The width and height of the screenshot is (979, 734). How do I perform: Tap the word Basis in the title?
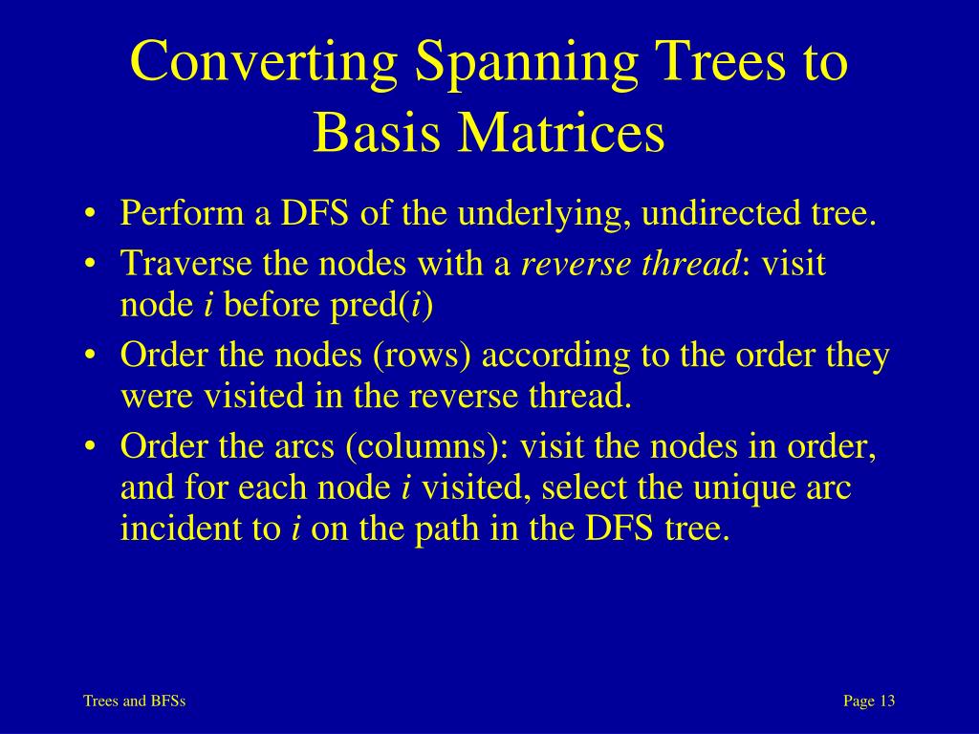tap(377, 133)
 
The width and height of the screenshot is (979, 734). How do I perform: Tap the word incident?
tap(170, 529)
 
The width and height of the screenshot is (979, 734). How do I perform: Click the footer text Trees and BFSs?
tap(134, 702)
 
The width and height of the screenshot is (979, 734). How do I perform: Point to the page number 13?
tap(886, 702)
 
